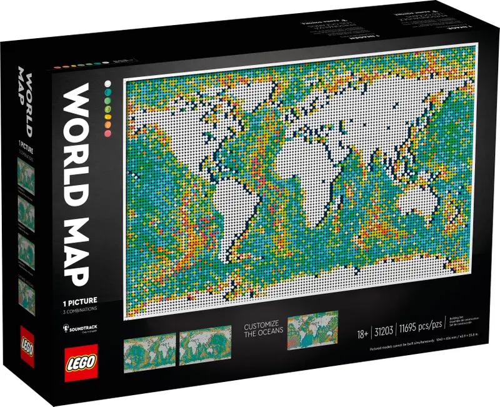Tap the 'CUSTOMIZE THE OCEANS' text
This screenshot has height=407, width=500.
click(263, 329)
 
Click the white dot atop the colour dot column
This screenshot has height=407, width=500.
click(107, 83)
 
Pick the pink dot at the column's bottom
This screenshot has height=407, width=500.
click(108, 132)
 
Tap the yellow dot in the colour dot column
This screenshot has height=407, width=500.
click(108, 116)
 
